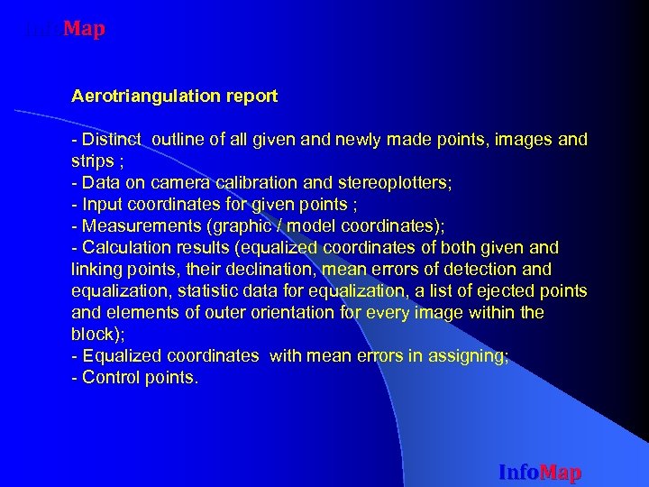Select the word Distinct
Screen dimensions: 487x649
tap(114, 140)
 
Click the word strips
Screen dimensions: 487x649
tap(91, 161)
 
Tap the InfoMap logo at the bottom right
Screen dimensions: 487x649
tap(540, 473)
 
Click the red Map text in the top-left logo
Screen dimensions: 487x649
tap(85, 30)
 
